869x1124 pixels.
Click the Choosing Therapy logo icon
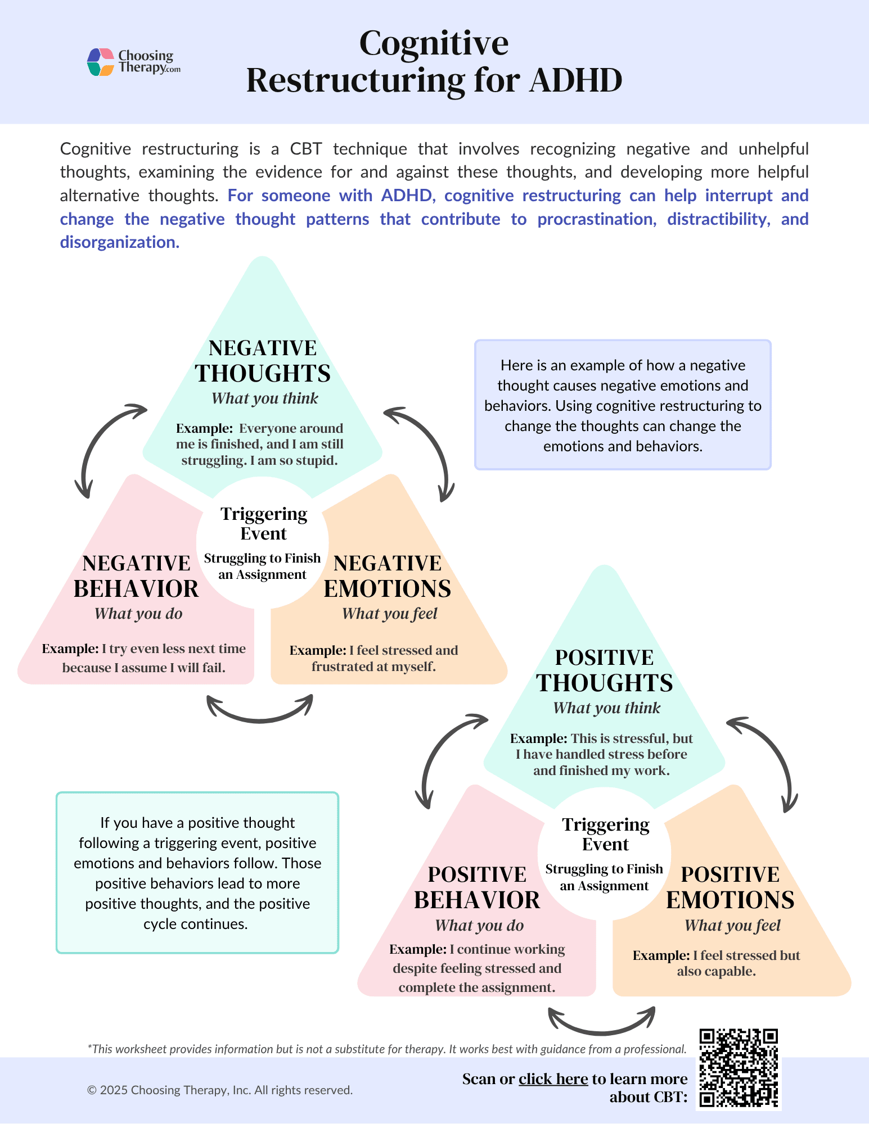pyautogui.click(x=101, y=62)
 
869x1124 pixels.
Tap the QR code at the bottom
pyautogui.click(x=739, y=1068)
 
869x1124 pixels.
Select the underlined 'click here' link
pyautogui.click(x=553, y=1079)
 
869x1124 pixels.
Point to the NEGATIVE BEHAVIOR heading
pyautogui.click(x=136, y=576)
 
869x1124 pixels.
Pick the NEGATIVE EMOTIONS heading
pyautogui.click(x=388, y=576)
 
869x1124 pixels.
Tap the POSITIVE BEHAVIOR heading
pyautogui.click(x=477, y=887)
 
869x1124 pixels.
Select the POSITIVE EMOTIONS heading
pyautogui.click(x=730, y=887)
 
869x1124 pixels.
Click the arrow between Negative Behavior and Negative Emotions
pyautogui.click(x=260, y=711)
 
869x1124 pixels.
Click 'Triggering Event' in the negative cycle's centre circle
pyautogui.click(x=264, y=523)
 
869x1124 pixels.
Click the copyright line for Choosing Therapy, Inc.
pyautogui.click(x=220, y=1090)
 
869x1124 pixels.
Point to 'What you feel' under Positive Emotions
pyautogui.click(x=732, y=926)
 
